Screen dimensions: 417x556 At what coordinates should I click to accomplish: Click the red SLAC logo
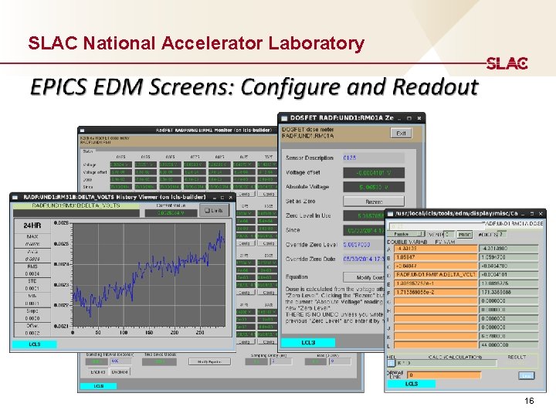507,63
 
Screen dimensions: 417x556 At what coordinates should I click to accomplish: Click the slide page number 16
529,402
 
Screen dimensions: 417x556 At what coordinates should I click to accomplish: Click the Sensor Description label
310,158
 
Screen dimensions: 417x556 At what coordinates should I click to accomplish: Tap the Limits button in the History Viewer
215,210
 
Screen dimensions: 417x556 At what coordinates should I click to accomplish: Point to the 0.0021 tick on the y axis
62,327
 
